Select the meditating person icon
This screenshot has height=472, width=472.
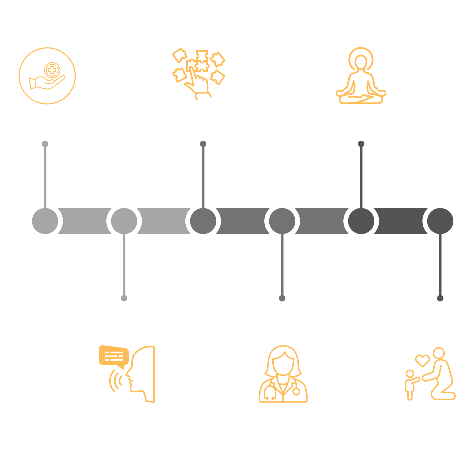(361, 76)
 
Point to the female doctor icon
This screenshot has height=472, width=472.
(283, 374)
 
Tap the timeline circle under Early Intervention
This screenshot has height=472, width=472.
(45, 221)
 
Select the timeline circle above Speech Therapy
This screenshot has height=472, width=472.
(124, 221)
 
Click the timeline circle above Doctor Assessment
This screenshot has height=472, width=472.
(282, 221)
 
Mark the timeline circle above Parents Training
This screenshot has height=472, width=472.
(440, 221)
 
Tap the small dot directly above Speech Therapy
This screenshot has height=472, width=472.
(124, 298)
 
